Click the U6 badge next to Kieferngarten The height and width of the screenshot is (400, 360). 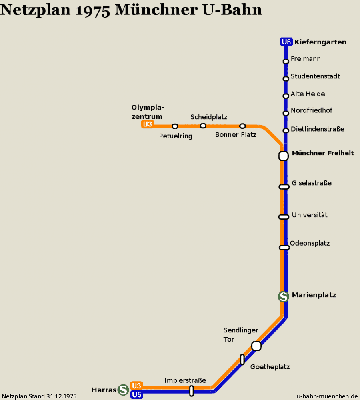(x=286, y=42)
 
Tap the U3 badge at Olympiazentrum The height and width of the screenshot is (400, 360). (x=148, y=124)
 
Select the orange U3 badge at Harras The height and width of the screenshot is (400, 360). (x=136, y=386)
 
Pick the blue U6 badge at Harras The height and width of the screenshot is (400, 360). (x=136, y=395)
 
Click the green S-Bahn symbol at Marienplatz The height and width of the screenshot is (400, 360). (x=284, y=296)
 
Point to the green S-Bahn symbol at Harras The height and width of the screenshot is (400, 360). (x=123, y=390)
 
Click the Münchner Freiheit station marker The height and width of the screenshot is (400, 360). (x=284, y=156)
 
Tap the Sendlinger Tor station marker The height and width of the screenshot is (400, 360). (x=256, y=346)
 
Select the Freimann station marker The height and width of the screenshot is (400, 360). (x=286, y=61)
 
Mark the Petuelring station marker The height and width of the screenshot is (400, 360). (x=175, y=126)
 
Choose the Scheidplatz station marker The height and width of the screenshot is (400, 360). (x=203, y=126)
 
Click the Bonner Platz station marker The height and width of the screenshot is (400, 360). (x=243, y=126)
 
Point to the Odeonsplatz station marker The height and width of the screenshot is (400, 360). (x=284, y=248)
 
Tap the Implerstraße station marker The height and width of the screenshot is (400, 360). (x=192, y=391)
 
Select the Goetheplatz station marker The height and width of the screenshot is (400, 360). (x=242, y=360)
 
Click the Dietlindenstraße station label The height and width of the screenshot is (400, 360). (x=318, y=129)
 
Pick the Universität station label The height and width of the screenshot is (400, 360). (x=310, y=215)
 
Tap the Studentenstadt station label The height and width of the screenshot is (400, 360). (x=315, y=76)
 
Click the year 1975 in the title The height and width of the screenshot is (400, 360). (x=93, y=10)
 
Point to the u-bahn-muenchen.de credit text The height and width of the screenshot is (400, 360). (x=327, y=396)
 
